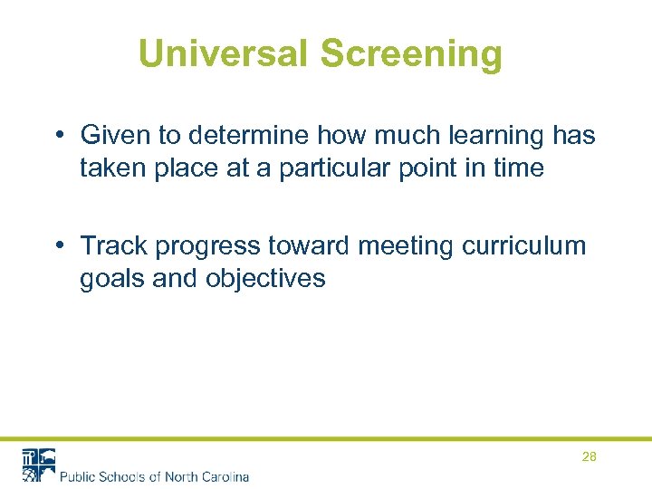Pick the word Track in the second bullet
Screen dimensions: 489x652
tap(115, 245)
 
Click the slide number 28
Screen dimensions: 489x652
tap(589, 457)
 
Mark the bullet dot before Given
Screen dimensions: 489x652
tap(57, 137)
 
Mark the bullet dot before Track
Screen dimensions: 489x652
tap(57, 246)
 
